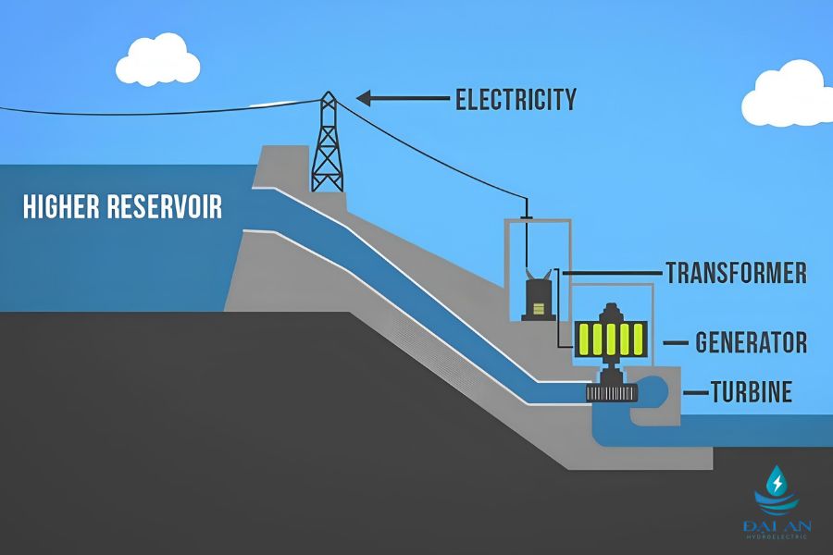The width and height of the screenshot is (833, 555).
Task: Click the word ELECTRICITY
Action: (516, 99)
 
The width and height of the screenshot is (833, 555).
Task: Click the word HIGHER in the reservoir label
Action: (62, 206)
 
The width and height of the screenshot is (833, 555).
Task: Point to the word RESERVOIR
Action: (165, 206)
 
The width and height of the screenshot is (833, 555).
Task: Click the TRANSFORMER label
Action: (737, 273)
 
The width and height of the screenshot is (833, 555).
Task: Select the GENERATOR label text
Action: (752, 342)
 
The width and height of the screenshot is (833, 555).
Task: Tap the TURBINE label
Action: (752, 392)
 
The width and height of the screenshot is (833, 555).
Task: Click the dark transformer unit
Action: (538, 298)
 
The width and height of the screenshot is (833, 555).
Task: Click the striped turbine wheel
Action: (612, 393)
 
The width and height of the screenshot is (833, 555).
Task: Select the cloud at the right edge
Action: (788, 99)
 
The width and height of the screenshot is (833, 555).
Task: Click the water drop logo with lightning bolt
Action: (777, 489)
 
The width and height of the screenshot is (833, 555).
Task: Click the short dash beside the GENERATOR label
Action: (676, 343)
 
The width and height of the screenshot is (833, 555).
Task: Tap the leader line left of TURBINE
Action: (695, 393)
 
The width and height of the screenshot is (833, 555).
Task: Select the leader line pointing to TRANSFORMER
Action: (612, 273)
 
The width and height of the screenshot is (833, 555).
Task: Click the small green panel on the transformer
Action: (539, 308)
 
